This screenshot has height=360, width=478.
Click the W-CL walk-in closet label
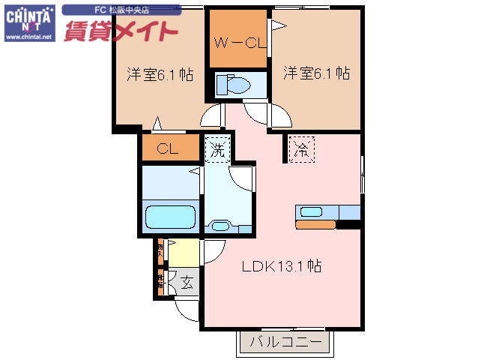coord(238,43)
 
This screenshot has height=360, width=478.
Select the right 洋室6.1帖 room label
coord(317,73)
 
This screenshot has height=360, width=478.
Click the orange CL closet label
coord(168,149)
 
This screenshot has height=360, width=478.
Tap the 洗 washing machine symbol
coord(217,148)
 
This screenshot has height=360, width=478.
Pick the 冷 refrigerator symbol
coord(302,148)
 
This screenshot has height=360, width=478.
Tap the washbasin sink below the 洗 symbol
coord(221,226)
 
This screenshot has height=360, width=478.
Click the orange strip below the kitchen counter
coord(315,224)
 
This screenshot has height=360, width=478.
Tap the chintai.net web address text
coord(29,37)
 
